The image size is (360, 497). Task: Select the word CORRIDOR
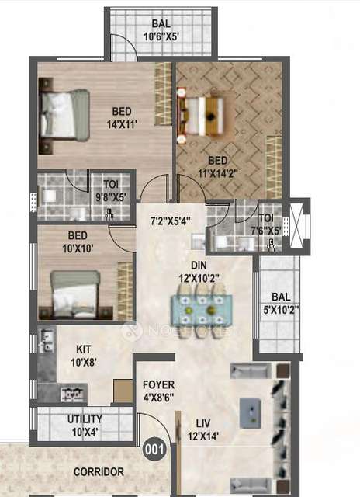click(99, 471)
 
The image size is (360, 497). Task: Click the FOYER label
click(158, 385)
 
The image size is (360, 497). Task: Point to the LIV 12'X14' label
click(202, 429)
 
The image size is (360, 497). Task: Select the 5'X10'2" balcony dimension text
click(277, 310)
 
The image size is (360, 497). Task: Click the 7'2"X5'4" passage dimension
click(170, 221)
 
